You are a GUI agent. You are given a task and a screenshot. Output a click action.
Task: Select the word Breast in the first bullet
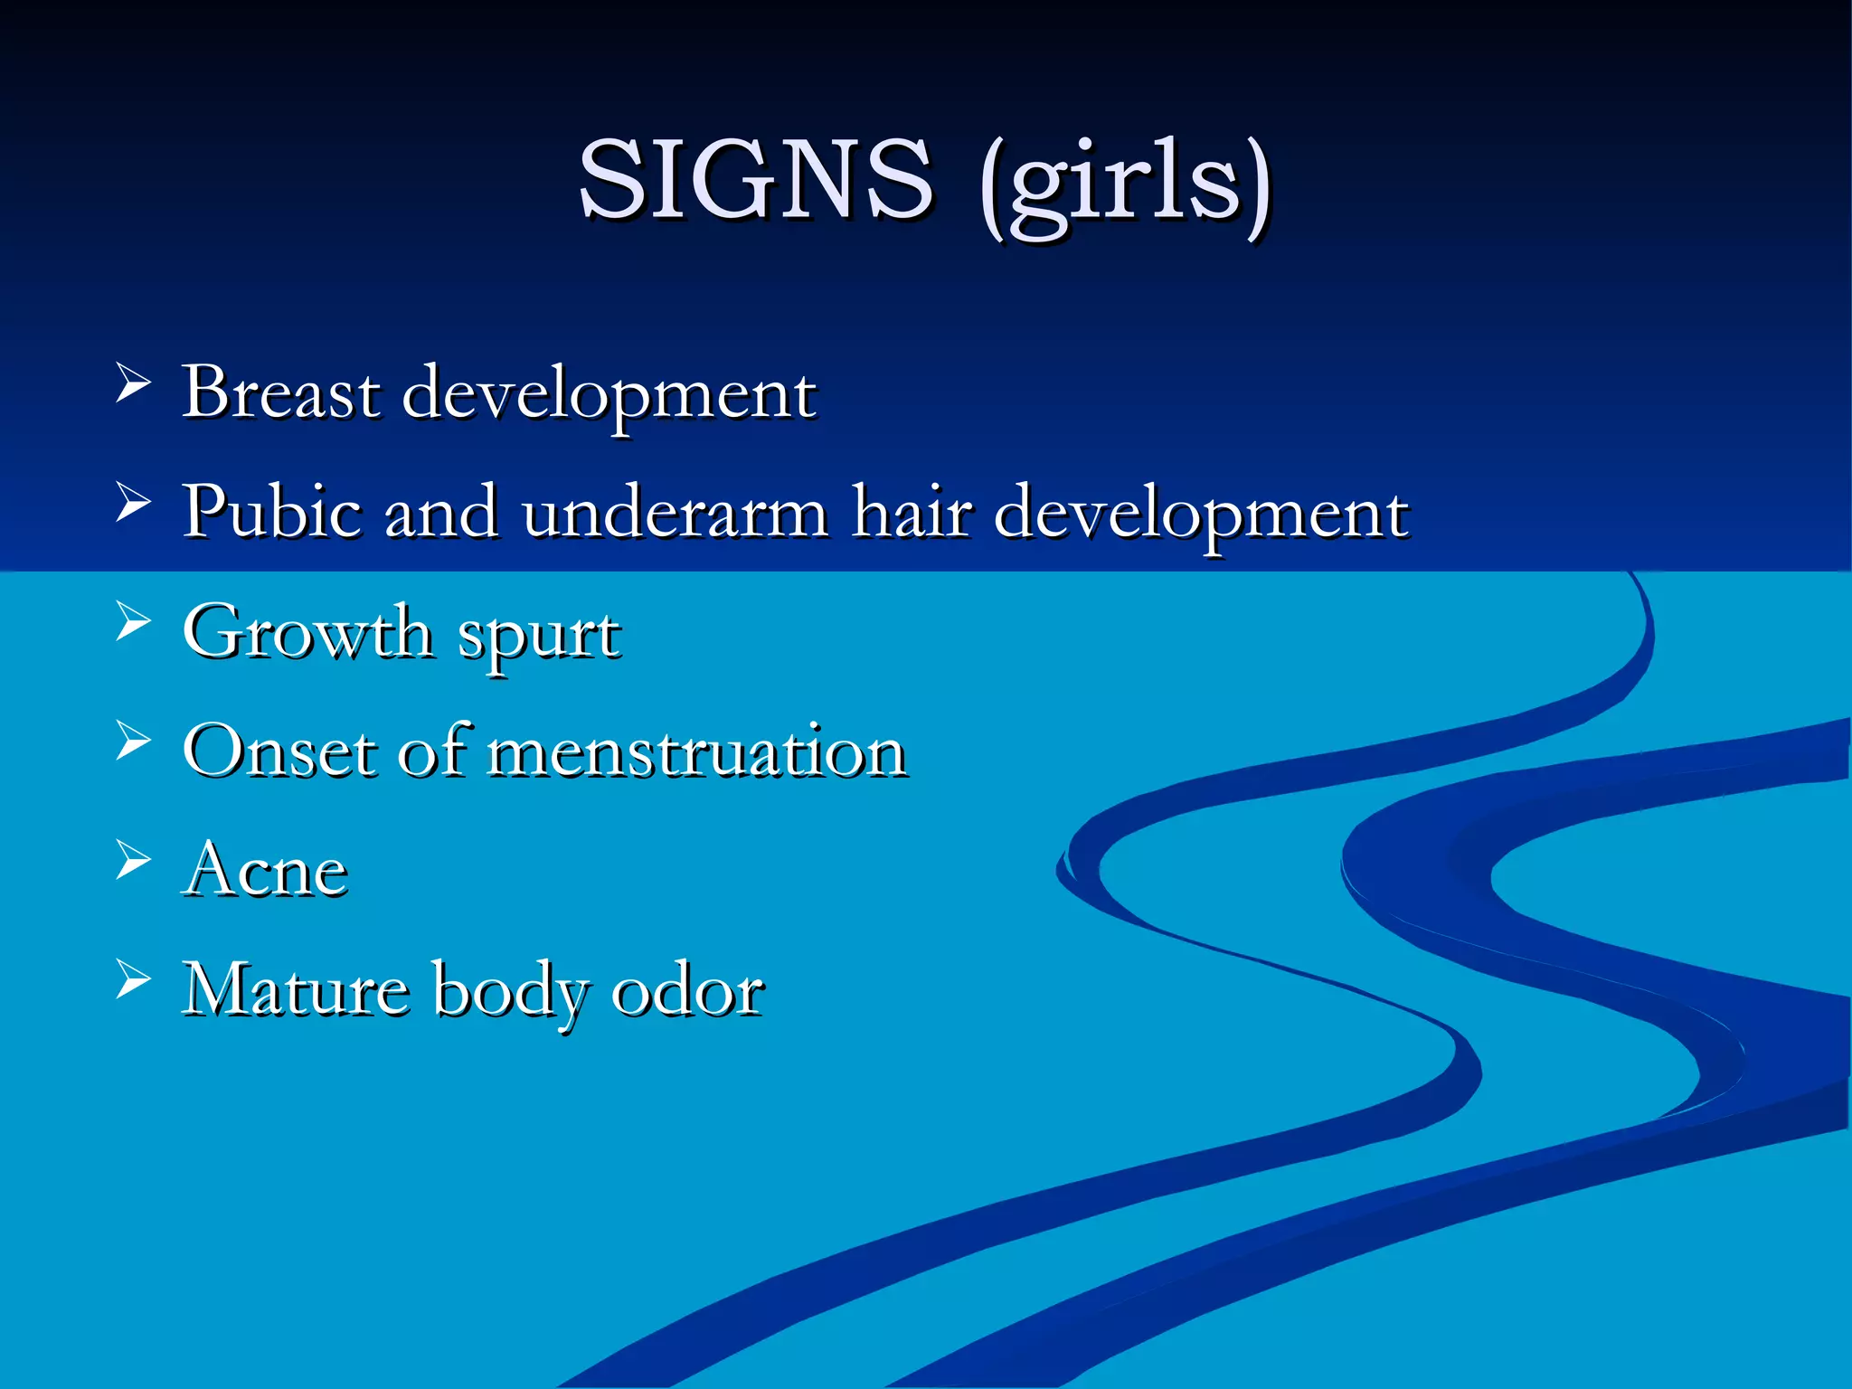coord(281,393)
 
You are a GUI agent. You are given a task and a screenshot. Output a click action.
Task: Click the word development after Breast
coord(609,398)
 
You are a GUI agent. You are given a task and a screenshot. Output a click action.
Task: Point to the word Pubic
coord(272,512)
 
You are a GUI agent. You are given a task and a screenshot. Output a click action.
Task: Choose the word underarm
coord(675,513)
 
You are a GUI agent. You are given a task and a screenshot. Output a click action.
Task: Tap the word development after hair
coord(1201,517)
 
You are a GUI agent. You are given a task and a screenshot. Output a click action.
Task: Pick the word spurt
coord(540,637)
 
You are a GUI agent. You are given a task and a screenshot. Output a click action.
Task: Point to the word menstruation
coord(697,752)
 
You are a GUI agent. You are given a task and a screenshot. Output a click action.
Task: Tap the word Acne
coord(265,870)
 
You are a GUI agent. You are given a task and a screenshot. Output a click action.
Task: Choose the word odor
coord(687,990)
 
